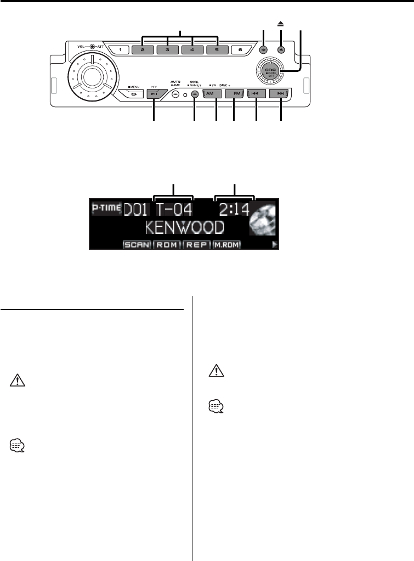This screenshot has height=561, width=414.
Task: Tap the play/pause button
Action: pyautogui.click(x=154, y=94)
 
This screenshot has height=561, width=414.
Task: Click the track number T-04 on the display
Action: pyautogui.click(x=175, y=210)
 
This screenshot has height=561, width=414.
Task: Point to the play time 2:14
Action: pyautogui.click(x=234, y=210)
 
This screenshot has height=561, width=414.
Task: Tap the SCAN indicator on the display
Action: pyautogui.click(x=137, y=244)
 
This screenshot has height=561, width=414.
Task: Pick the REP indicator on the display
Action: pyautogui.click(x=197, y=244)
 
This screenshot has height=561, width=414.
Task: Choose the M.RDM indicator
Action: pyautogui.click(x=228, y=244)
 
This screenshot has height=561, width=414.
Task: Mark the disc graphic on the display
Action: pyautogui.click(x=263, y=218)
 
